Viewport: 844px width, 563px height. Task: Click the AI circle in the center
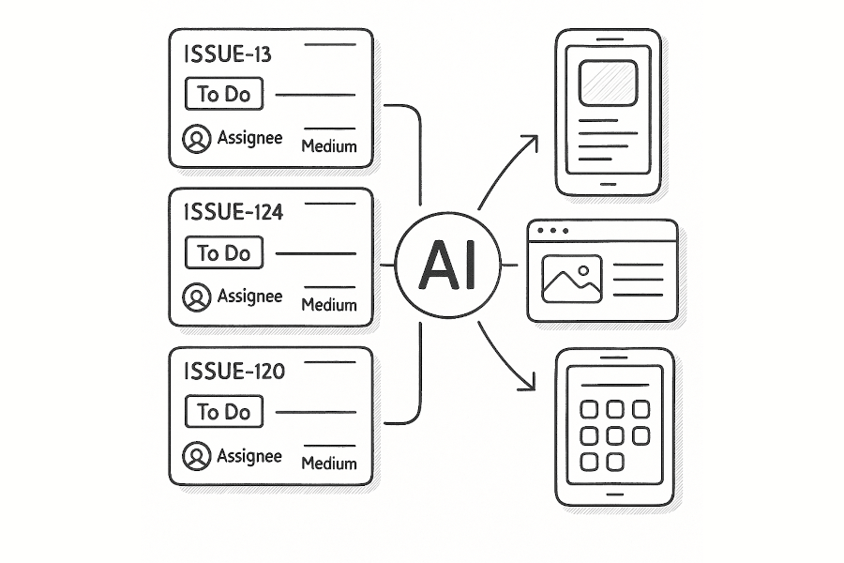[447, 266]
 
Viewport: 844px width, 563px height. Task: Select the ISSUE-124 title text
[235, 213]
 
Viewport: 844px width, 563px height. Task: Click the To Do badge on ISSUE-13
[224, 94]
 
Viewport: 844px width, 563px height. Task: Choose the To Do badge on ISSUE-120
[224, 412]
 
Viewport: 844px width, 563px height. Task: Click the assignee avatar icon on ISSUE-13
[196, 139]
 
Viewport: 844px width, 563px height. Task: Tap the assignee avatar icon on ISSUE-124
[196, 297]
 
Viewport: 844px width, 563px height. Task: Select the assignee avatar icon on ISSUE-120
[196, 457]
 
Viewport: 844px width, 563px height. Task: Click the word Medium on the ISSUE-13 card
[328, 146]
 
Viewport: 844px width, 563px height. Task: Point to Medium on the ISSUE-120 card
[328, 464]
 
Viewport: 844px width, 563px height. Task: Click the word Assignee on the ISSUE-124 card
[249, 297]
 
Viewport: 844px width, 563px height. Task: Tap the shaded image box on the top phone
[608, 82]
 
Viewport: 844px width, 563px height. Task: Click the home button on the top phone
[609, 183]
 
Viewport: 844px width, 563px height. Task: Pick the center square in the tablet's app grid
[615, 435]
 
